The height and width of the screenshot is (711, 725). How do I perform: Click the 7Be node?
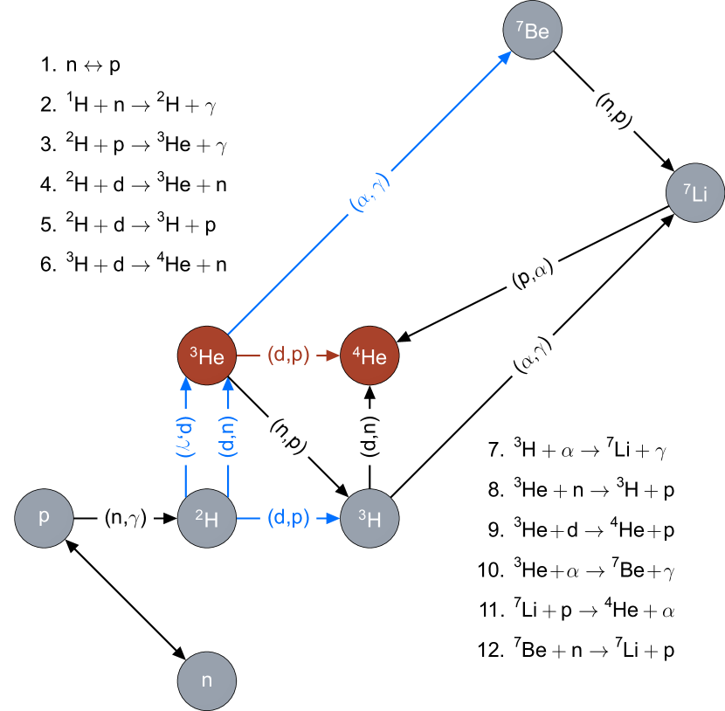coord(532,31)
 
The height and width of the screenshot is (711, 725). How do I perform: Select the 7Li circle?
coord(695,193)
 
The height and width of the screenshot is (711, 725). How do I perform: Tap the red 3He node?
coord(207,355)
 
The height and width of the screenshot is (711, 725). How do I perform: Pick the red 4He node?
coord(369,355)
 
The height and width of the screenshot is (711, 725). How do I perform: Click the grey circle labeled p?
coord(44,518)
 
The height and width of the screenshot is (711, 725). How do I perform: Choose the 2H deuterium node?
coord(207,518)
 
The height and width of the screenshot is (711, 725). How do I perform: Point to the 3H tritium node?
coord(369,518)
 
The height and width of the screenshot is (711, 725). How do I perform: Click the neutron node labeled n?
coord(207,680)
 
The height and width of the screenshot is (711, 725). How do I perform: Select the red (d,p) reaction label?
coord(288,355)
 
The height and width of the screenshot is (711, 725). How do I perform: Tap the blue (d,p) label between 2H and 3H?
coord(288,518)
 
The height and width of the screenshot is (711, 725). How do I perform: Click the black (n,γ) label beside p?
coord(125,518)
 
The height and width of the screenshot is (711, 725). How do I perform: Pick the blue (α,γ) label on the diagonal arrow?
coord(369,193)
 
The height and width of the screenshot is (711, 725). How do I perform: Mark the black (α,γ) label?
coord(532,355)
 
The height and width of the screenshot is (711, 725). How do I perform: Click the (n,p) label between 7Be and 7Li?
coord(614,112)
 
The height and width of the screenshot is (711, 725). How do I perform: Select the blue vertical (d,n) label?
coord(227,437)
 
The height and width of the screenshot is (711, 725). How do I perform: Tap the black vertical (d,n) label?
coord(369,437)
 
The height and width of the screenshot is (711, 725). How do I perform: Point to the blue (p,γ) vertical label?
coord(185,437)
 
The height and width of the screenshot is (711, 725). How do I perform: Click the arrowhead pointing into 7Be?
coord(506,57)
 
